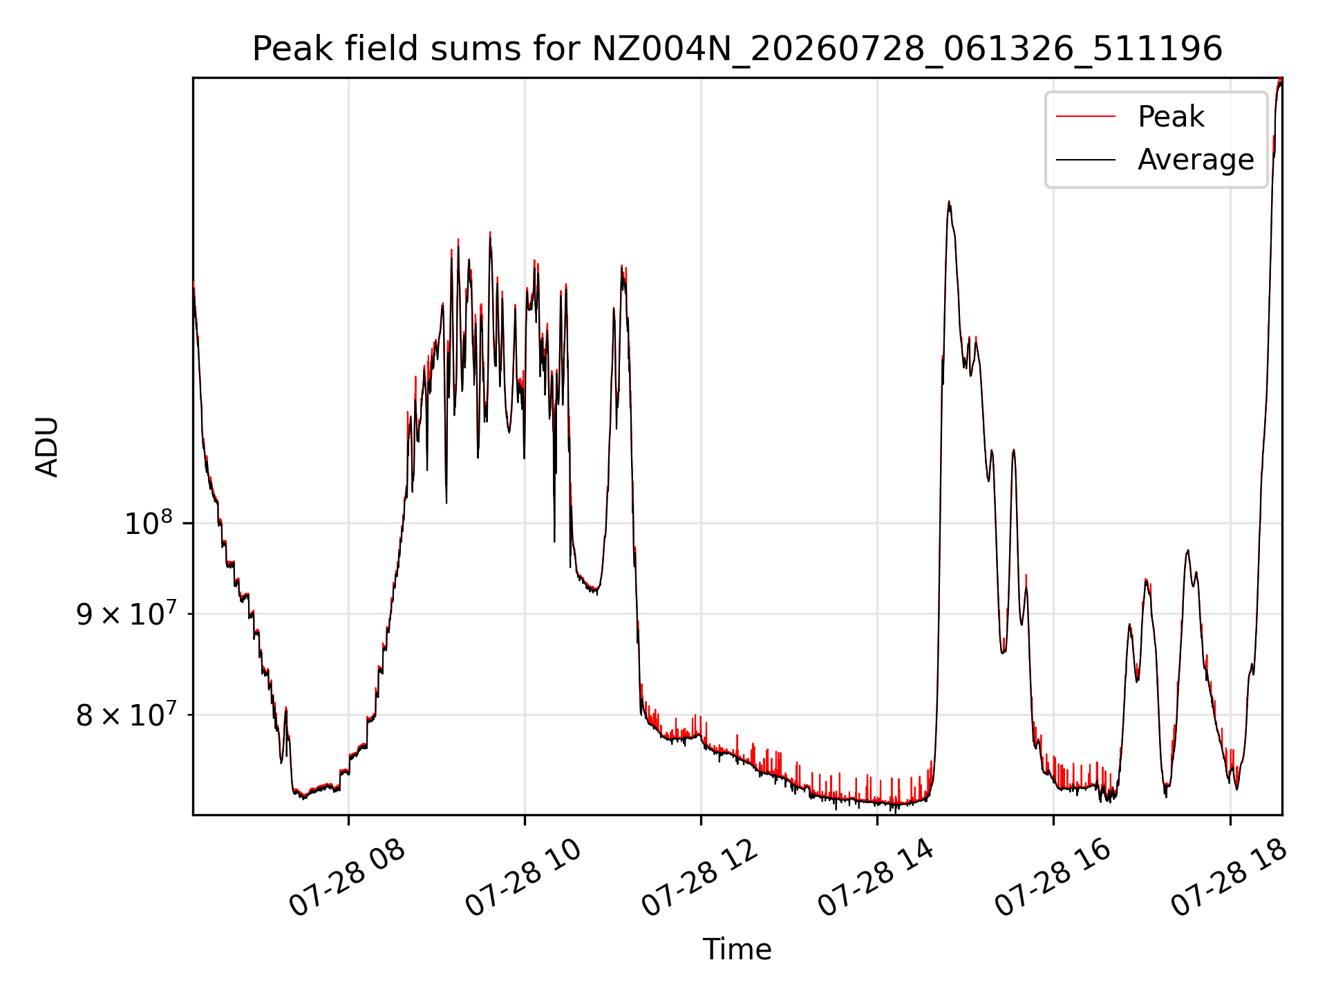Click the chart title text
pyautogui.click(x=737, y=49)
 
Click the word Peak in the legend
pyautogui.click(x=1171, y=117)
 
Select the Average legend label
pyautogui.click(x=1196, y=160)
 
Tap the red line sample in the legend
pyautogui.click(x=1086, y=117)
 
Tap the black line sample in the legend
pyautogui.click(x=1086, y=160)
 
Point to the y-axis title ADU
pyautogui.click(x=47, y=446)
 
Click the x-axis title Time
pyautogui.click(x=737, y=950)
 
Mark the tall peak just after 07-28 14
pyautogui.click(x=949, y=202)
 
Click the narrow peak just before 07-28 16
pyautogui.click(x=1013, y=450)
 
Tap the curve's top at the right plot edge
pyautogui.click(x=1280, y=80)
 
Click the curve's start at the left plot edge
pyautogui.click(x=194, y=284)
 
